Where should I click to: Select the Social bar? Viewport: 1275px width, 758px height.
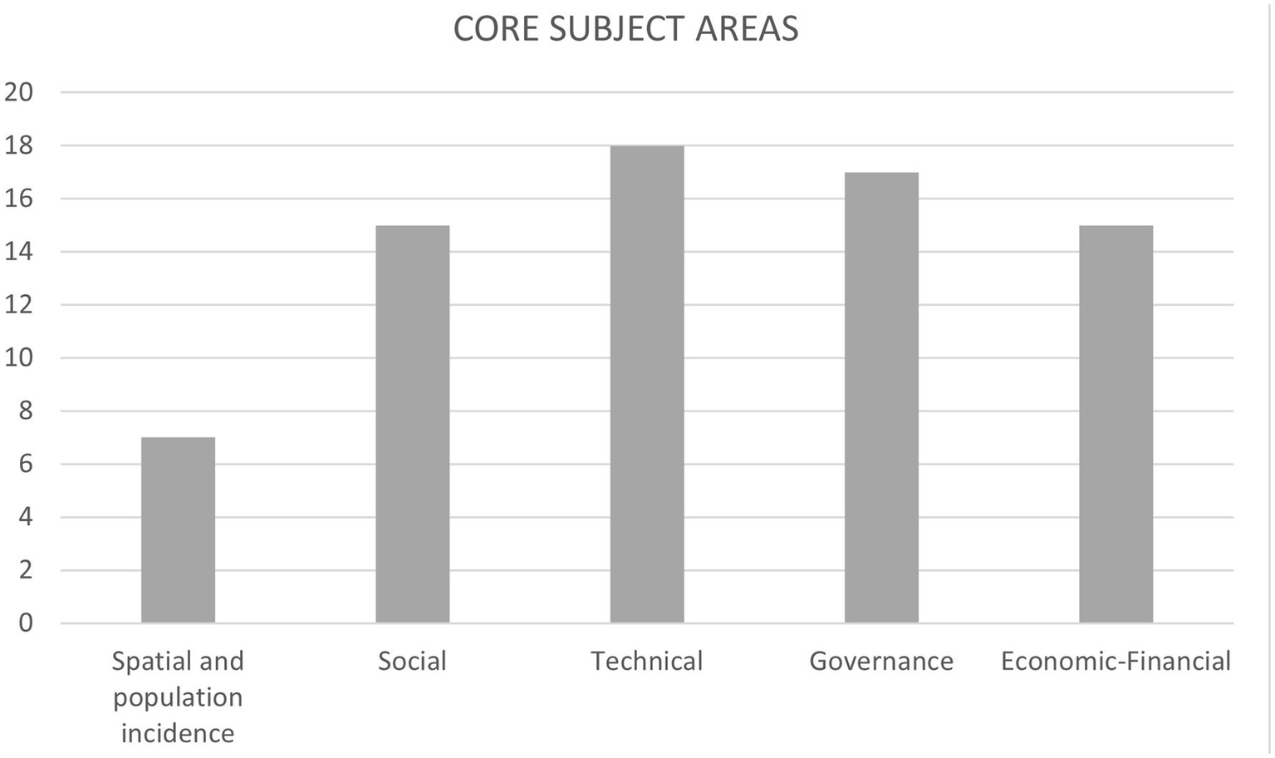pos(412,424)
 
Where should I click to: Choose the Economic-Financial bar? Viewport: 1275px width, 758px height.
pos(1116,424)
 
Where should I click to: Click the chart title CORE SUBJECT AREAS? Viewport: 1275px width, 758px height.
pos(625,29)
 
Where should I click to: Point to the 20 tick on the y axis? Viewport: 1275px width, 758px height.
pos(18,92)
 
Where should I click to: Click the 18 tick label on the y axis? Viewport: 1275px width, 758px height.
pos(18,145)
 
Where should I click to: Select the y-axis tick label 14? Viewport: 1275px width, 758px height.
pos(18,252)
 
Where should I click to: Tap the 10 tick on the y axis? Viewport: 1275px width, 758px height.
pos(18,358)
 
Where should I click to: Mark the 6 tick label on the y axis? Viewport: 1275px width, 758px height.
pos(25,464)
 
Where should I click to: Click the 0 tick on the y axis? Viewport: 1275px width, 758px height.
pos(25,623)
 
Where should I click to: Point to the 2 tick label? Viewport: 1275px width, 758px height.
pos(25,570)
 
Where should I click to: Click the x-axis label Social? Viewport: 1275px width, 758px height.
pos(412,661)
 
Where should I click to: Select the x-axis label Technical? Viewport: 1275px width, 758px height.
pos(646,661)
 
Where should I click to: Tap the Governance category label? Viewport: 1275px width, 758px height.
pos(881,661)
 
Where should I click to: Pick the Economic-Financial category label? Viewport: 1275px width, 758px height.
pos(1116,661)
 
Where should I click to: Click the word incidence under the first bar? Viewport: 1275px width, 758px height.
pos(178,733)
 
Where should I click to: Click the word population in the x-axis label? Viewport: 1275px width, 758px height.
pos(178,697)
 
